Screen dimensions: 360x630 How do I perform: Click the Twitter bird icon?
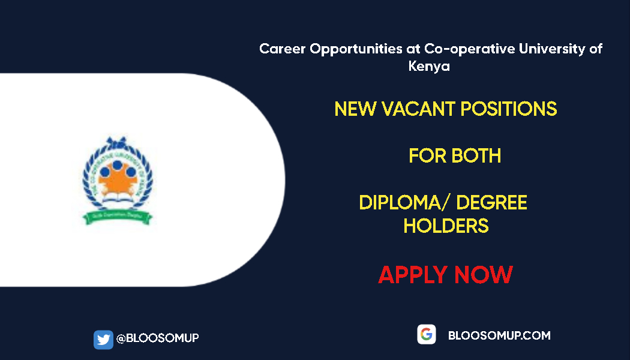pos(103,340)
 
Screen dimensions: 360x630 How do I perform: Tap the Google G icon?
pos(427,335)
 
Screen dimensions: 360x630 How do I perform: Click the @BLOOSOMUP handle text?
pos(157,338)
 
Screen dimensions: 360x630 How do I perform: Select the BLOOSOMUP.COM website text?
pos(499,335)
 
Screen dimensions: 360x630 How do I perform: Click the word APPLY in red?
pos(413,275)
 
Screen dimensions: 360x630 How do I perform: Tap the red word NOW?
pos(484,275)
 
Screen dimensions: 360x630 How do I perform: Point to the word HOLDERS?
pos(446,226)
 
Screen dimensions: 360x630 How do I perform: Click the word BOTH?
pos(476,156)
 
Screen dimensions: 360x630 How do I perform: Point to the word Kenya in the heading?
pos(429,67)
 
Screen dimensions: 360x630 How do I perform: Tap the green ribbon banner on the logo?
pos(118,215)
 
